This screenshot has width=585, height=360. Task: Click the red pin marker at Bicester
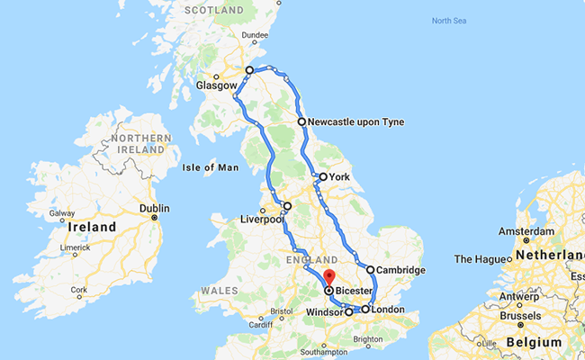click(x=329, y=277)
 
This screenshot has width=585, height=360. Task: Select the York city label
click(x=340, y=177)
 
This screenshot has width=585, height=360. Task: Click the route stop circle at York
click(x=322, y=177)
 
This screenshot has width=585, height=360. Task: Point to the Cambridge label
click(x=400, y=270)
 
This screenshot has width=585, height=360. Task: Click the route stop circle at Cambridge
click(x=370, y=269)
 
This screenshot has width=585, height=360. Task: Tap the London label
click(x=388, y=310)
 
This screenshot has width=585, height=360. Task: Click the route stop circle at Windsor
click(x=349, y=312)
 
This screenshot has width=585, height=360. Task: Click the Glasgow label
click(x=217, y=86)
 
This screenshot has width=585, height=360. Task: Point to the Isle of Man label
click(x=210, y=167)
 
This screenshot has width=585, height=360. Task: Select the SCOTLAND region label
click(x=215, y=10)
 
